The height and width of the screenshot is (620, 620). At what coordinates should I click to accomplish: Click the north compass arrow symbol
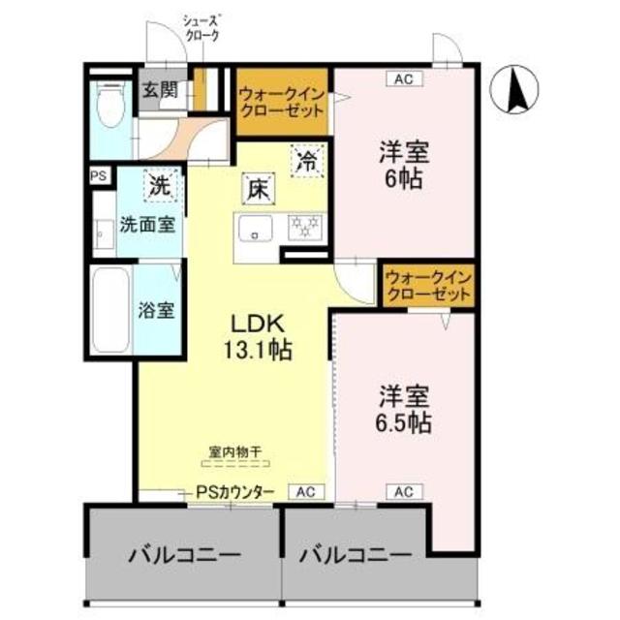514,89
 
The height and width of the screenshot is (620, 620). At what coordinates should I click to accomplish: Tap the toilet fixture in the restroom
110,104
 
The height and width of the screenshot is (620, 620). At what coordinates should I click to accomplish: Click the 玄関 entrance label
160,90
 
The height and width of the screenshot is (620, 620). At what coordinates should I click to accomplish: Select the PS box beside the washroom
99,175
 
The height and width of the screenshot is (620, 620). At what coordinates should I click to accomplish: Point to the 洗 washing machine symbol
161,185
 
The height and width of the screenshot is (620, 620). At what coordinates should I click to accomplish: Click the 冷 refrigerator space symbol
308,161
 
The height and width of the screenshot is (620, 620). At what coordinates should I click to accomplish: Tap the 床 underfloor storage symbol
259,189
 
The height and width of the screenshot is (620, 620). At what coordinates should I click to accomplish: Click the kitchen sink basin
255,229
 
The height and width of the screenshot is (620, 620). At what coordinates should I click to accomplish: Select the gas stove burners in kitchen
305,228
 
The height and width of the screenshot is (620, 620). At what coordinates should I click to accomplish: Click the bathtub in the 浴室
110,310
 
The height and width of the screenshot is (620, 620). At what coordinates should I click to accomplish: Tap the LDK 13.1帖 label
259,337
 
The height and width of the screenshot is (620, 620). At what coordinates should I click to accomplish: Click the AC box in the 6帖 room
405,78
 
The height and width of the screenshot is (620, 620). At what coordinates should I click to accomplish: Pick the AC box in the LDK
306,492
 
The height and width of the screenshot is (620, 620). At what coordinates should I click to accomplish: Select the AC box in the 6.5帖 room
405,492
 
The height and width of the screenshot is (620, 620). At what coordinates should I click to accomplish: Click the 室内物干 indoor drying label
235,451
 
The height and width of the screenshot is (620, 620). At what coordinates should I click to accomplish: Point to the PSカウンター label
235,492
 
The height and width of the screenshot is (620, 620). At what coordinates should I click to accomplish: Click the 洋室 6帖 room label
404,165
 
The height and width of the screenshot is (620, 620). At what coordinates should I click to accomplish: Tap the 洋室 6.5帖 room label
404,409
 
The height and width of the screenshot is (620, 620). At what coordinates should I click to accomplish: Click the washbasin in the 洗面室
104,234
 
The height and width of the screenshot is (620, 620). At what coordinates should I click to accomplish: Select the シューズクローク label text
201,28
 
